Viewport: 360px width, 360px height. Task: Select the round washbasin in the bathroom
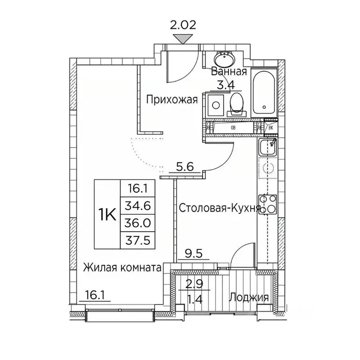click(225, 60)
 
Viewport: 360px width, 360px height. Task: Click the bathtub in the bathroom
click(264, 94)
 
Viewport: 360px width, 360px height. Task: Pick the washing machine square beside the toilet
click(216, 104)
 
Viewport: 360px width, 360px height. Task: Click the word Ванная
click(229, 72)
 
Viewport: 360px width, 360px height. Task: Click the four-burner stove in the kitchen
click(268, 204)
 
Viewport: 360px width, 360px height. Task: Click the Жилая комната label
click(122, 268)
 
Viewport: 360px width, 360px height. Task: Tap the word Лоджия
click(248, 297)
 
